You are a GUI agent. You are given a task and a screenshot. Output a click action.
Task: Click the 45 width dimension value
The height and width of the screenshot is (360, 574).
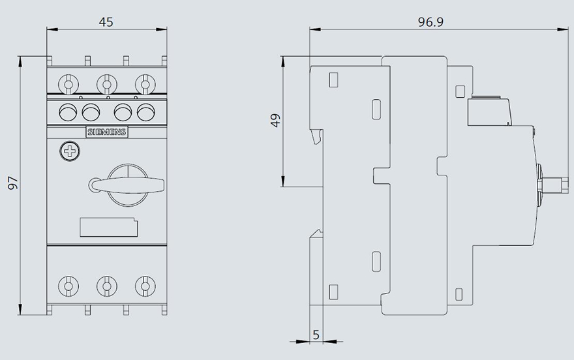(x=106, y=22)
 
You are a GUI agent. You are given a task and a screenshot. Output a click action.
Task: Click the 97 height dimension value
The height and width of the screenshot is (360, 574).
(x=13, y=183)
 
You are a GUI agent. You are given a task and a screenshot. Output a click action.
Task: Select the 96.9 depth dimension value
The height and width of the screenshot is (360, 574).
(x=430, y=22)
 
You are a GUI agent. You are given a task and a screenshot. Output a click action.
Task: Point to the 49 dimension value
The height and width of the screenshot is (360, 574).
(x=276, y=121)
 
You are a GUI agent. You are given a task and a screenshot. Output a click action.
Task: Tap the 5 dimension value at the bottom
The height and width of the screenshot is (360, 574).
(x=316, y=335)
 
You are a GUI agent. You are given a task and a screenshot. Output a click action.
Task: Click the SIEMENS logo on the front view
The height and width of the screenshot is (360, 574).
(x=107, y=132)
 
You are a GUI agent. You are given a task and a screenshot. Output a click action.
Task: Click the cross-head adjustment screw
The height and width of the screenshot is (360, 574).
(x=70, y=151)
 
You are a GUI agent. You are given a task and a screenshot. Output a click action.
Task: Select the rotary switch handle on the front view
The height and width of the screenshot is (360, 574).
(x=127, y=185)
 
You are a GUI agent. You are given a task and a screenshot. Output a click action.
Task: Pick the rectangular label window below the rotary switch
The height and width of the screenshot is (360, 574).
(x=109, y=227)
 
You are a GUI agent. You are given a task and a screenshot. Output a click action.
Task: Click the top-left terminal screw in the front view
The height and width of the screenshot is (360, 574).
(x=68, y=85)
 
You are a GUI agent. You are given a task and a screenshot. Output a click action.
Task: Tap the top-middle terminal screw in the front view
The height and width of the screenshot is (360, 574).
(x=107, y=85)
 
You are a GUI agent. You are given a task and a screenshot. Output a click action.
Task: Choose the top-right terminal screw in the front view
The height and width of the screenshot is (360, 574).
(x=145, y=85)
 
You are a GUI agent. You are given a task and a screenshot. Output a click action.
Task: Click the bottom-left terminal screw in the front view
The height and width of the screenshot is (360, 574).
(x=68, y=286)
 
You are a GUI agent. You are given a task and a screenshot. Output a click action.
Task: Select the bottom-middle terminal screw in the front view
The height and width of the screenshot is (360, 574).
(x=107, y=286)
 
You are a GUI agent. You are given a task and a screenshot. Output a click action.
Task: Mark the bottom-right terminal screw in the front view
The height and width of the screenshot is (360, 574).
(x=145, y=286)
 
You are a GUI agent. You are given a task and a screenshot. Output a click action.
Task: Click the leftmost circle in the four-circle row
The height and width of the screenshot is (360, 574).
(x=68, y=112)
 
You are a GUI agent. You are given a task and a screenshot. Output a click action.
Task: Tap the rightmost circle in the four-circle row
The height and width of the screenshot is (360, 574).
(x=146, y=112)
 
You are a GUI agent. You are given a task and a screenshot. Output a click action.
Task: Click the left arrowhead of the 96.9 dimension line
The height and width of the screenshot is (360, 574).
(x=315, y=29)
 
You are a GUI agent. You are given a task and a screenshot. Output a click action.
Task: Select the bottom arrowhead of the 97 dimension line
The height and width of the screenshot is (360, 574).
(x=20, y=308)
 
